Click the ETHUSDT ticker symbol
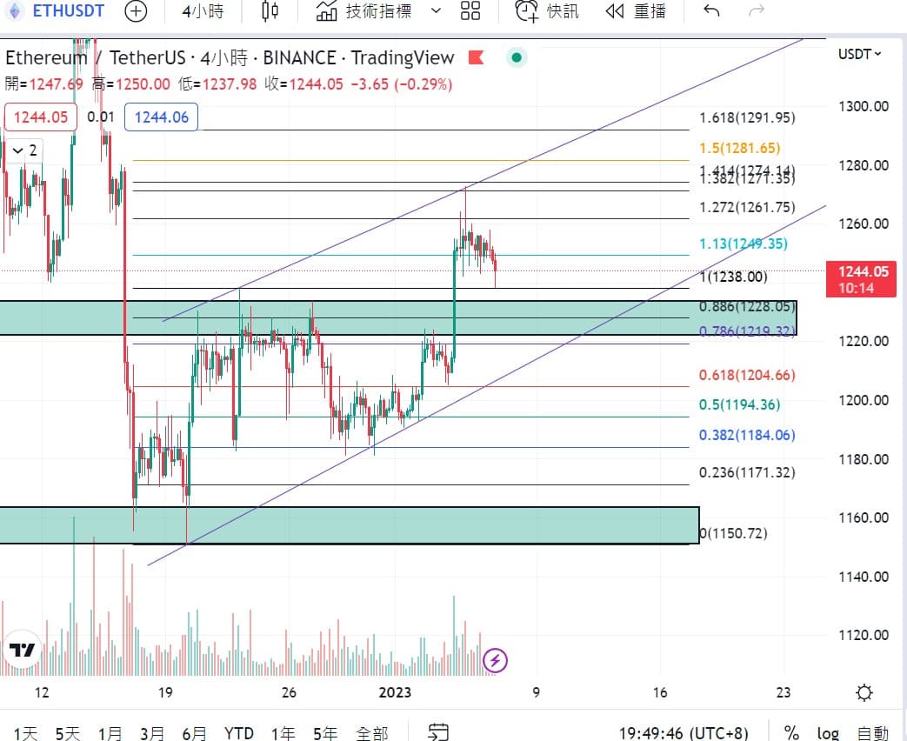pos(67,11)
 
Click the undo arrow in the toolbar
pos(711,11)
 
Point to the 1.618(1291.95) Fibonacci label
pos(747,118)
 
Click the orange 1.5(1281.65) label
pos(740,149)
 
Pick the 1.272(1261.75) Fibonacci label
pos(747,208)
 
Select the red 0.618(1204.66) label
pos(747,376)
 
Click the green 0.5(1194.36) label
pos(739,405)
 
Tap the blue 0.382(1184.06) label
pos(747,436)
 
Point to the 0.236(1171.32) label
pos(747,473)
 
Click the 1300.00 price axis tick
pos(863,107)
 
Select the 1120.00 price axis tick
pos(863,636)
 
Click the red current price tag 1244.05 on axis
pos(864,272)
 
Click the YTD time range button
pos(238,733)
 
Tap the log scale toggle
pos(827,733)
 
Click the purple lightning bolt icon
pos(495,661)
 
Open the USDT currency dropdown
pos(859,54)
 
